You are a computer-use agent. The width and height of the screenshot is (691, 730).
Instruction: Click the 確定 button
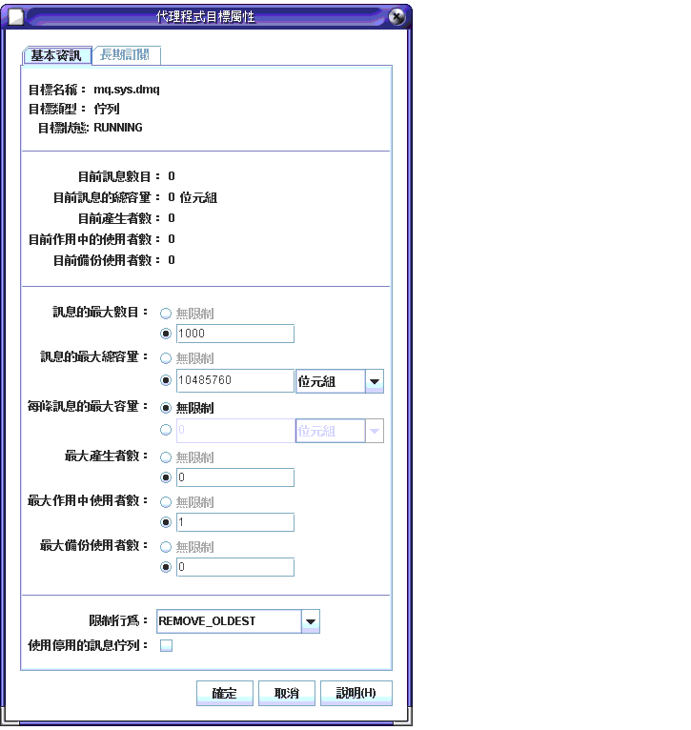pos(225,693)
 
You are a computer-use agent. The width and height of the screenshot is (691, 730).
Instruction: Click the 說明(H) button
pos(356,693)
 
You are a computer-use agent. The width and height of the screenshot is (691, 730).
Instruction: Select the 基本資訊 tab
pos(56,55)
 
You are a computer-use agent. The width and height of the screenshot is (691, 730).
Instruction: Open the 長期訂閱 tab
pos(127,55)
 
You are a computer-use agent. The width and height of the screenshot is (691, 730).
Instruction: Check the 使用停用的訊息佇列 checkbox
pos(166,646)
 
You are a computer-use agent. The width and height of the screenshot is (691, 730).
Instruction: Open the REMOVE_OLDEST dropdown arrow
pos(310,622)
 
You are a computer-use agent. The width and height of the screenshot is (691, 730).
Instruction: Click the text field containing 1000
pos(234,334)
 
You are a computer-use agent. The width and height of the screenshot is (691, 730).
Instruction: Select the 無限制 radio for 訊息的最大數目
pos(166,313)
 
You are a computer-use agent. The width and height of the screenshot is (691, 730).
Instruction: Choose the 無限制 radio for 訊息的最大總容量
pos(166,358)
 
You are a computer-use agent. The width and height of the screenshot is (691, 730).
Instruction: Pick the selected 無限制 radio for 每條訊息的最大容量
pos(166,408)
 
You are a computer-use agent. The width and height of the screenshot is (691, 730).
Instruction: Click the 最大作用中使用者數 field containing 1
pos(234,522)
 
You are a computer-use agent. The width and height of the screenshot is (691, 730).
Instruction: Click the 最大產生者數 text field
pos(234,477)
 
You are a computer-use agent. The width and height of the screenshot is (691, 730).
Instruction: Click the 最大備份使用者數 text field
pos(234,567)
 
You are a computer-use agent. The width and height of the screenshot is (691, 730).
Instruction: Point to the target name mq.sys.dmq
pos(132,90)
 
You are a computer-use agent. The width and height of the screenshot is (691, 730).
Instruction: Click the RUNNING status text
pos(118,128)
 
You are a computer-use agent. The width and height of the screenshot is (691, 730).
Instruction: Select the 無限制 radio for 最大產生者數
pos(166,457)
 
